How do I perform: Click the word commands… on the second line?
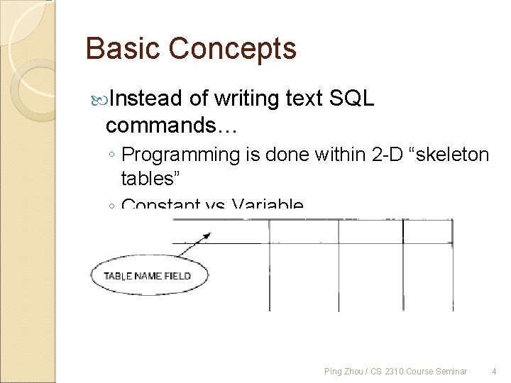point(171,126)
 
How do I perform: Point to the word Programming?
point(181,155)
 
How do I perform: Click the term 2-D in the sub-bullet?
point(388,155)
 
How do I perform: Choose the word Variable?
point(268,206)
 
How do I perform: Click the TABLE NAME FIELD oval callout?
point(150,276)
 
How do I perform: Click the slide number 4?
point(494,371)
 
